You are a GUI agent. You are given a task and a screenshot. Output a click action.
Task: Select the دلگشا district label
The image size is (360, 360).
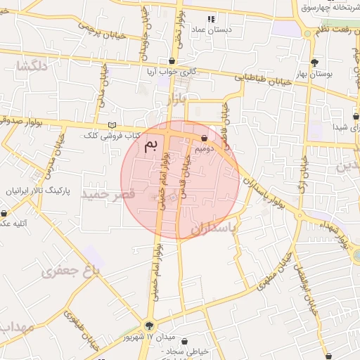(x=34, y=66)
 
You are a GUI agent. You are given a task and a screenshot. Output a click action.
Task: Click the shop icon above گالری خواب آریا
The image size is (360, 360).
(x=172, y=61)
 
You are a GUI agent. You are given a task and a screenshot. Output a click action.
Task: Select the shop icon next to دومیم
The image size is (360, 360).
(x=205, y=139)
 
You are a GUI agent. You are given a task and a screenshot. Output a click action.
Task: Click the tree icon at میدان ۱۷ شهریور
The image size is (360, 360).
(x=148, y=325)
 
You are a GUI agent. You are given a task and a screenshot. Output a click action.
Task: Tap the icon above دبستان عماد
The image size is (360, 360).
(x=210, y=19)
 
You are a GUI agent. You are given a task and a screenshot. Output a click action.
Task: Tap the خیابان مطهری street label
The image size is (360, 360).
(x=274, y=272)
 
